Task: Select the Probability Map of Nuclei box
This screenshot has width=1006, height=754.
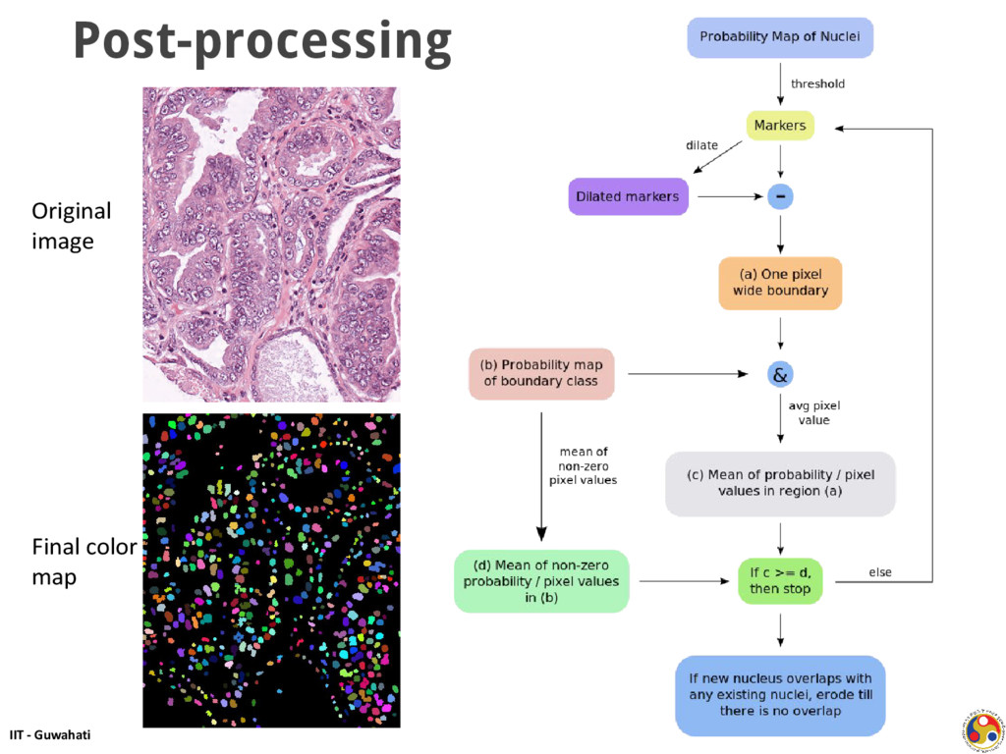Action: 779,36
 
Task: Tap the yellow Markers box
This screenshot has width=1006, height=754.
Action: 779,126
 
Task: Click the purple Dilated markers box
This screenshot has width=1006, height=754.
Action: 627,196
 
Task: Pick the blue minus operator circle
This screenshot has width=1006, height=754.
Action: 780,196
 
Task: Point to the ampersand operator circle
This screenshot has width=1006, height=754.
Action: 780,374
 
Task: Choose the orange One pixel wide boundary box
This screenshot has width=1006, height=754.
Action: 780,283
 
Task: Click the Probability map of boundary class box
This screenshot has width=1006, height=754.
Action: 541,373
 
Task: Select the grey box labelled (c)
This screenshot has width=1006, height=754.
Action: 780,483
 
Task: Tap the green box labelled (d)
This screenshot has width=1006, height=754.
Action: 541,580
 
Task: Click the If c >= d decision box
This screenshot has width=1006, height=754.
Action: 780,580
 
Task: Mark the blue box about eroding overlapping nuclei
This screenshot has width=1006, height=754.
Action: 780,694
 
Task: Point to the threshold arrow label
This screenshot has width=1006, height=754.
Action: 817,83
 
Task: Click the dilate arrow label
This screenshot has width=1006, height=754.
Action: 701,145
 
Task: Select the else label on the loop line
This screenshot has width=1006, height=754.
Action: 880,571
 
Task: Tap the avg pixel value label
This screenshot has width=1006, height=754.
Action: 814,412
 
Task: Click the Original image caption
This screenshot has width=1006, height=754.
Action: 71,226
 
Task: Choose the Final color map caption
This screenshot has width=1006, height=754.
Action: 83,562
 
